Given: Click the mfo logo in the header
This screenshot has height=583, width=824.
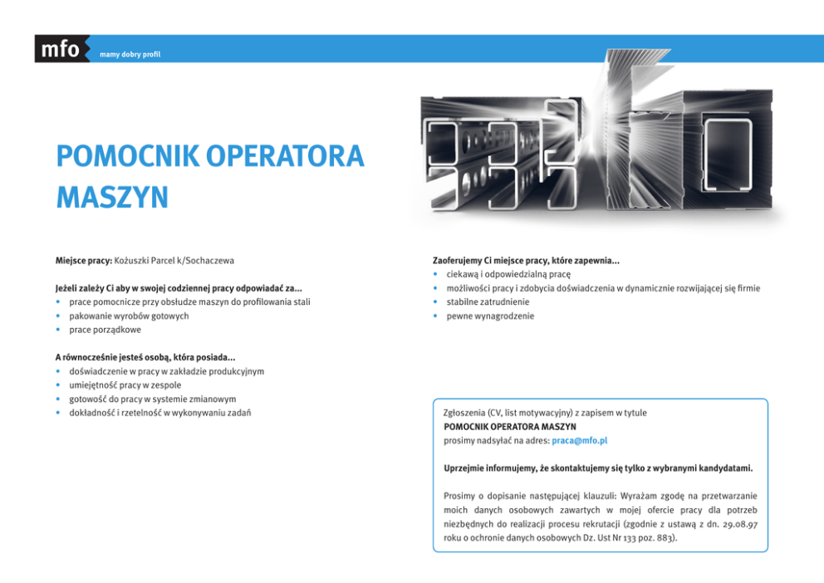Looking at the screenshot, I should (61, 50).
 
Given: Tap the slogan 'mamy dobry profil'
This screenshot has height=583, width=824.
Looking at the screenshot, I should (130, 55).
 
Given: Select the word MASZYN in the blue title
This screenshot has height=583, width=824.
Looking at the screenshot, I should (112, 198).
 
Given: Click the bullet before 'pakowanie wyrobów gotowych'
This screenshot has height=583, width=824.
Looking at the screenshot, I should (59, 316).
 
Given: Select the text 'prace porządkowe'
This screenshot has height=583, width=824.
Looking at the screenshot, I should (105, 330).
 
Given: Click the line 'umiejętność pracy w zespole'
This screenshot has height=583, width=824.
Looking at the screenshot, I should (125, 385).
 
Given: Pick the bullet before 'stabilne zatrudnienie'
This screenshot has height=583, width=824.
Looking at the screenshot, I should (436, 302).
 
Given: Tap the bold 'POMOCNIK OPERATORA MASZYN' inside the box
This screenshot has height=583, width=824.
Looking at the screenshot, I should (510, 427).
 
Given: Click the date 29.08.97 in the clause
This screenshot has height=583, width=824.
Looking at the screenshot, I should (738, 523).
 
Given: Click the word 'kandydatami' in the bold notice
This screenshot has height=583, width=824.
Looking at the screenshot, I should (723, 468).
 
